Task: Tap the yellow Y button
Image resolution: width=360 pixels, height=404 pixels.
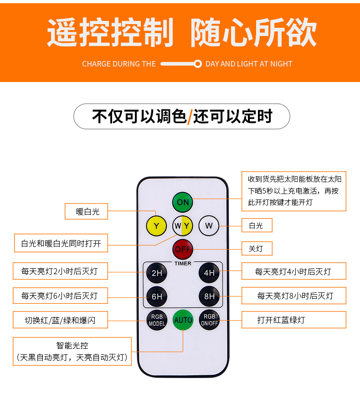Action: click(156, 225)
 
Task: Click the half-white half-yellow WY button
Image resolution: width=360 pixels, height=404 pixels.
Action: click(183, 225)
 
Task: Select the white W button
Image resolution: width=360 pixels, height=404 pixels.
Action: click(209, 225)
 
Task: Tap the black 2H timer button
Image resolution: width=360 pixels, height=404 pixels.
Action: click(156, 273)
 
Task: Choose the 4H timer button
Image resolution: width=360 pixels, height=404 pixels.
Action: click(209, 273)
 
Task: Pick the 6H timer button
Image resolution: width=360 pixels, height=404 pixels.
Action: click(156, 297)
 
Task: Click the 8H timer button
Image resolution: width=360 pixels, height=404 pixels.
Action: click(209, 297)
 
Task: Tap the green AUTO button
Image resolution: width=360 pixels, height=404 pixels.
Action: click(183, 320)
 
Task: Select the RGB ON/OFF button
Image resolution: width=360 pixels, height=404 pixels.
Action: click(209, 320)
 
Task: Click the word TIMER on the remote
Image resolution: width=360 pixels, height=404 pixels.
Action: click(183, 263)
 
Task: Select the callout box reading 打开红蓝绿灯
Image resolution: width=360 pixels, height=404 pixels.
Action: click(293, 320)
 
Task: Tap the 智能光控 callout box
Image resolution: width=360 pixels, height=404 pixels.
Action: click(72, 351)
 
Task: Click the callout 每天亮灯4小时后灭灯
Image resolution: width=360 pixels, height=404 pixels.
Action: click(293, 272)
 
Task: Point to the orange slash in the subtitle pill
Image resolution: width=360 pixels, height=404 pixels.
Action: click(190, 117)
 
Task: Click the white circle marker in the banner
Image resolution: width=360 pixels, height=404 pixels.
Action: click(197, 64)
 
